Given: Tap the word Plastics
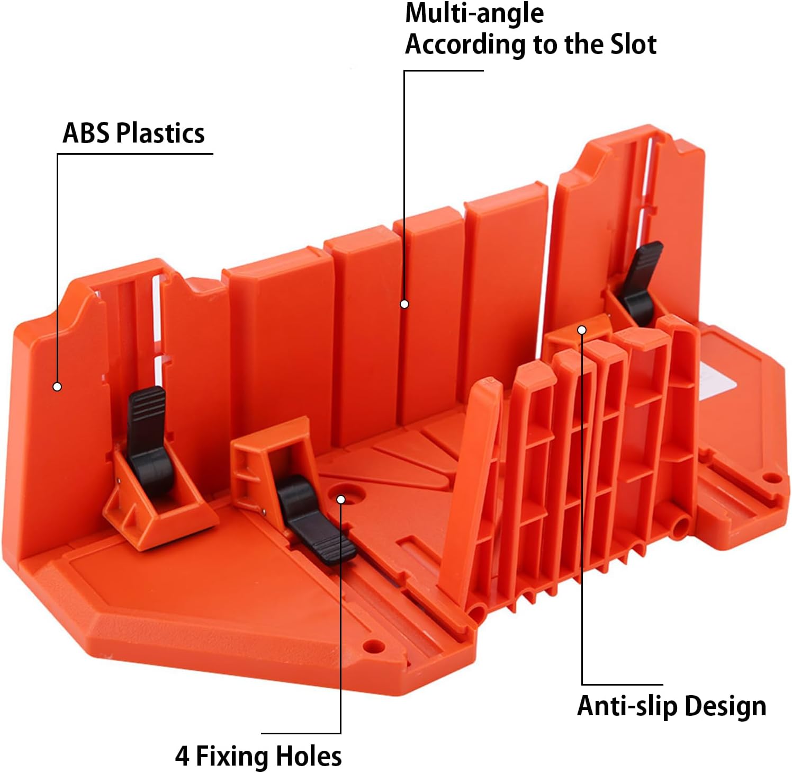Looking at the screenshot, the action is (160, 133).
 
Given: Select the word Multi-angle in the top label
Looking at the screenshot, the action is (474, 13).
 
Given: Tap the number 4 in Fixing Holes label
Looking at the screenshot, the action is (182, 757).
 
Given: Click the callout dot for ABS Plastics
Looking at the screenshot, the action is (57, 387).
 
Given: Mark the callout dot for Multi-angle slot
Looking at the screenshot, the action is (404, 304).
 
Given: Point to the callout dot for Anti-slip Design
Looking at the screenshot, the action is (582, 330).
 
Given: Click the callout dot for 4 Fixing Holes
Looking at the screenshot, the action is (341, 500).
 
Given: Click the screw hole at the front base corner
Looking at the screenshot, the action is (374, 647).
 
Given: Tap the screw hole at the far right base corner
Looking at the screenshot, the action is (774, 478).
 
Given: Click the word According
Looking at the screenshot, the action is (466, 45).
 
